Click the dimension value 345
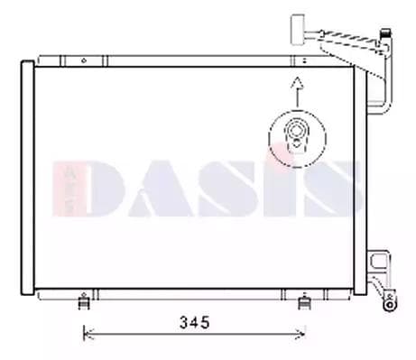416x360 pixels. pos(194,322)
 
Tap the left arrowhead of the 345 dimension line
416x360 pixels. pos(88,334)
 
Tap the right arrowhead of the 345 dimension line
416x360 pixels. pos(301,334)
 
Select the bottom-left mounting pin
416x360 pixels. pos(84,301)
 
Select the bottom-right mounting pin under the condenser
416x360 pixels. pos(304,301)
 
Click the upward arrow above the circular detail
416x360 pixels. pos(297,92)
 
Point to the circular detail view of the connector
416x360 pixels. pos(297,139)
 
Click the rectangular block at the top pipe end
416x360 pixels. pos(298,30)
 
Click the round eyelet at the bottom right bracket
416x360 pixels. pos(390,304)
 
